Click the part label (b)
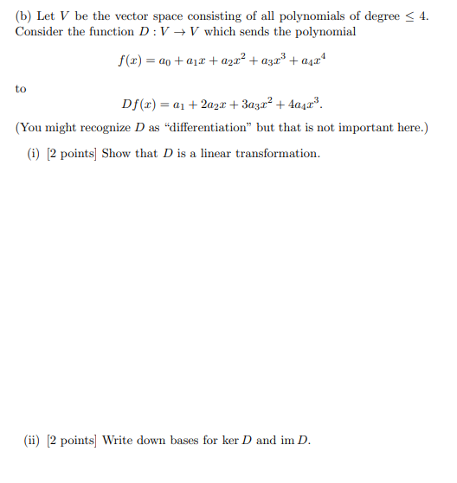pyautogui.click(x=25, y=16)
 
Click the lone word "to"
pyautogui.click(x=21, y=88)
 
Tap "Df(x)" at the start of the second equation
pyautogui.click(x=140, y=107)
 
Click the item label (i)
pyautogui.click(x=36, y=154)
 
